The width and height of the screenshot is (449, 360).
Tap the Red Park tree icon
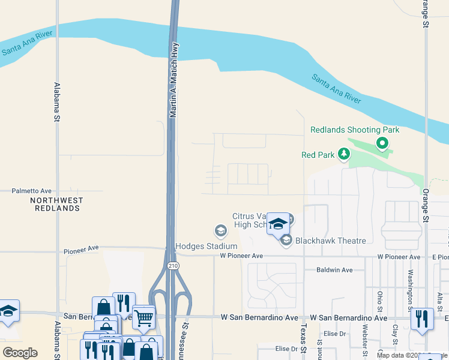coord(343,155)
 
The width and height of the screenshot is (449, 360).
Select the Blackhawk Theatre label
coord(330,241)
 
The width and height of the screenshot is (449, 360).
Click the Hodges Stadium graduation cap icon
coord(220,230)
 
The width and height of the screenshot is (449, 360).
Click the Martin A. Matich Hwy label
coord(174,76)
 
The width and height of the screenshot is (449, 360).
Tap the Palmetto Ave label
coord(32,191)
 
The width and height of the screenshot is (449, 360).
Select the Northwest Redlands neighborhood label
coord(56,204)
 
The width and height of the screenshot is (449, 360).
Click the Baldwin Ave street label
coord(335,270)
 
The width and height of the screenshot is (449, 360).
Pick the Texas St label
coord(303,340)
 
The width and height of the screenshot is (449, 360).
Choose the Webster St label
coord(365,340)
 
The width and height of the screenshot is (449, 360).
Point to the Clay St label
coord(396,331)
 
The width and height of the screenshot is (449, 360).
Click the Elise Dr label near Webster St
coord(335,334)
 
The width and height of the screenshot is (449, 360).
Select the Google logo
coord(20,353)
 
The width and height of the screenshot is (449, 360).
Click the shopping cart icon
coord(143,318)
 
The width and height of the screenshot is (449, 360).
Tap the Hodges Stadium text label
coord(206,246)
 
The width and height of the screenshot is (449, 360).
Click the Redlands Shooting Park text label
coord(354,130)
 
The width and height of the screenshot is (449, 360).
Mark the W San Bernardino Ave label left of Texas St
coord(259,317)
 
